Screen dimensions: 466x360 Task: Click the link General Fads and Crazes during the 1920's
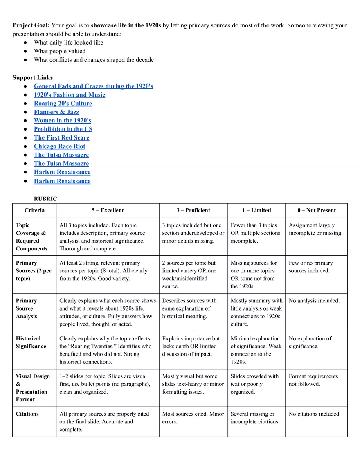coord(93,86)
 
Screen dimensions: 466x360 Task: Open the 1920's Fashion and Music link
coord(70,95)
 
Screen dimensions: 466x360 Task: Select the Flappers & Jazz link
coord(56,112)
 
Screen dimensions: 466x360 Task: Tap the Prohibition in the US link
coord(63,129)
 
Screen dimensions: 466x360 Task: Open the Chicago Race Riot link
coord(60,146)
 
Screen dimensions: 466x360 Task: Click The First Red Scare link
coord(61,137)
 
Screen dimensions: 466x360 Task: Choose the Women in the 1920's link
coord(63,120)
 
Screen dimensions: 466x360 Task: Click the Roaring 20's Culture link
coord(63,103)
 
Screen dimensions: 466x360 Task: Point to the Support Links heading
coord(33,77)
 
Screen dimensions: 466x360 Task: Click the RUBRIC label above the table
coord(45,199)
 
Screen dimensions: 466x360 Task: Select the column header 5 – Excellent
coord(108,210)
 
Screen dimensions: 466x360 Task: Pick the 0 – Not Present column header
coord(316,210)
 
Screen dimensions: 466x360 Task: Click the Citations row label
coord(27,414)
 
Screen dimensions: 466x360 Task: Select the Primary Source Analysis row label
coord(27,308)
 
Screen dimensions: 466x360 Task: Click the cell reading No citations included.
coord(315,414)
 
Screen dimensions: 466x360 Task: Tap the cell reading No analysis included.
coord(314,301)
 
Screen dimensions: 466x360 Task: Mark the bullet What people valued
coord(60,51)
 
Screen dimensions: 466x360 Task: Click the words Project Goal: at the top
coord(31,25)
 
